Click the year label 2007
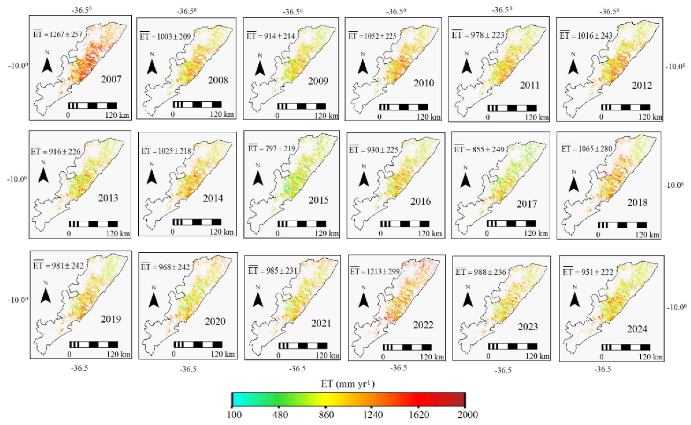(111, 79)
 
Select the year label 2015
(318, 200)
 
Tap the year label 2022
(423, 325)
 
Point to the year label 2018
(637, 202)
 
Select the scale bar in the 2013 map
(93, 224)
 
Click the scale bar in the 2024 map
(626, 347)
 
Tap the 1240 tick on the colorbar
(372, 407)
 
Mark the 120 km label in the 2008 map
(222, 114)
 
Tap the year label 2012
(642, 85)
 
